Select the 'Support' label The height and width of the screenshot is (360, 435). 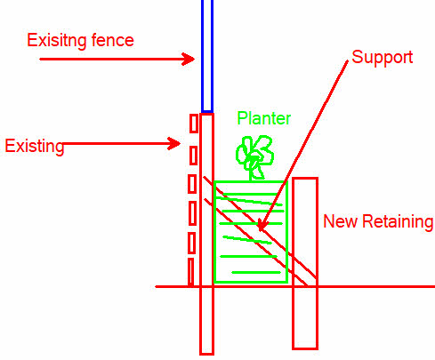383,58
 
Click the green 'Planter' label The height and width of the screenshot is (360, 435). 264,118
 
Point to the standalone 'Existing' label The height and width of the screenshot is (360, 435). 35,146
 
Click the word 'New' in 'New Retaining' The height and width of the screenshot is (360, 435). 341,221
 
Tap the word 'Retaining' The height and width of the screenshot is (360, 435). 398,222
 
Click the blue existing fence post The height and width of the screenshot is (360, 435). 207,56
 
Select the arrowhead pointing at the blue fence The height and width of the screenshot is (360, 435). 189,59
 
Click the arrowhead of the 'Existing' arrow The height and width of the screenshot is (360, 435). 174,144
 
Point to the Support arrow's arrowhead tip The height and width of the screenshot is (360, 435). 260,230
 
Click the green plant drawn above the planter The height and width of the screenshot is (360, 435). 254,157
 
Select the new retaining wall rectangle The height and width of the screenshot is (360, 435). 305,263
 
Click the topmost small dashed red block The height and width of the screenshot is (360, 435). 194,124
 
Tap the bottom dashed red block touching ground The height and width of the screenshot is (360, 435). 191,273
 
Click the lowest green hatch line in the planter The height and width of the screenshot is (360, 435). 256,272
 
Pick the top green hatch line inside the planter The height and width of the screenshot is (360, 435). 250,195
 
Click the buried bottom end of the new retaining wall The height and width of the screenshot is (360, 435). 305,348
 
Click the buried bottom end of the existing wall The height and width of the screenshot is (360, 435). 207,353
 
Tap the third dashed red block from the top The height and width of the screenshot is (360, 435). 192,184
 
